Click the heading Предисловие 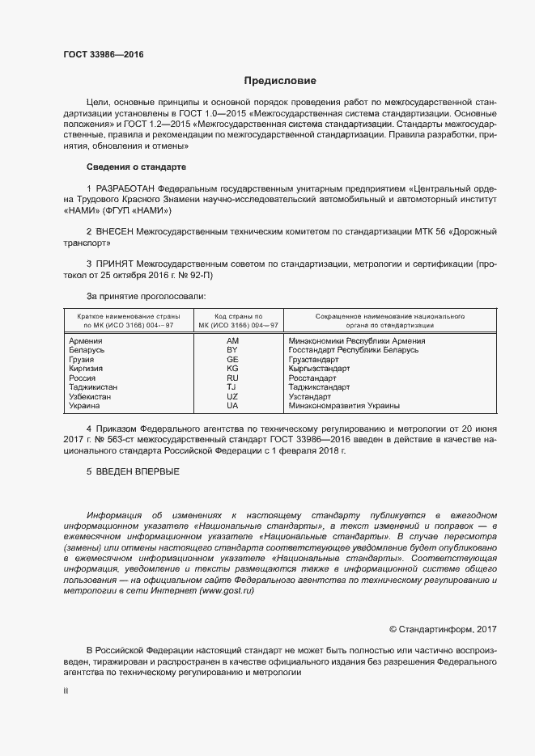(x=280, y=81)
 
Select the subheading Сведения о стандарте (x=136, y=167)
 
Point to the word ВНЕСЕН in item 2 (x=117, y=232)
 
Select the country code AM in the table (x=232, y=341)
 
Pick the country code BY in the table (x=232, y=350)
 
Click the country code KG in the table (x=232, y=369)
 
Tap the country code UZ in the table (x=232, y=397)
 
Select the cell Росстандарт (x=312, y=378)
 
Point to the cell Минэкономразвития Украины (x=344, y=406)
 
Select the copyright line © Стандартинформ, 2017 (x=443, y=628)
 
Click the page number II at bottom (x=66, y=692)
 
